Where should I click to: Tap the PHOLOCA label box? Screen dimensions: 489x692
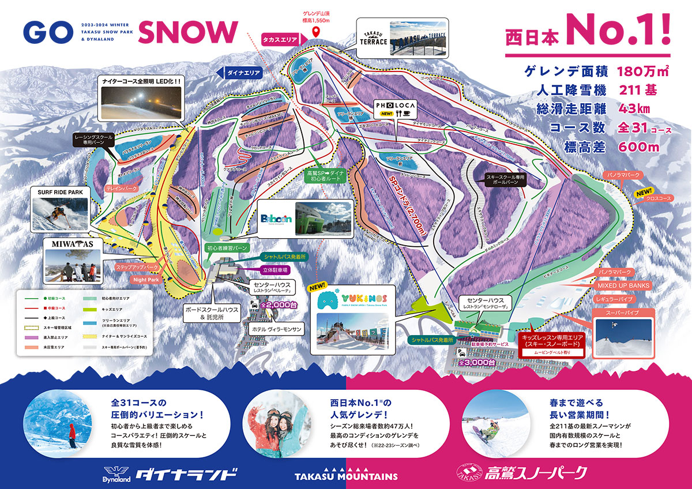tap(392, 108)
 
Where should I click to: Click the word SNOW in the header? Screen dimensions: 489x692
tap(188, 32)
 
